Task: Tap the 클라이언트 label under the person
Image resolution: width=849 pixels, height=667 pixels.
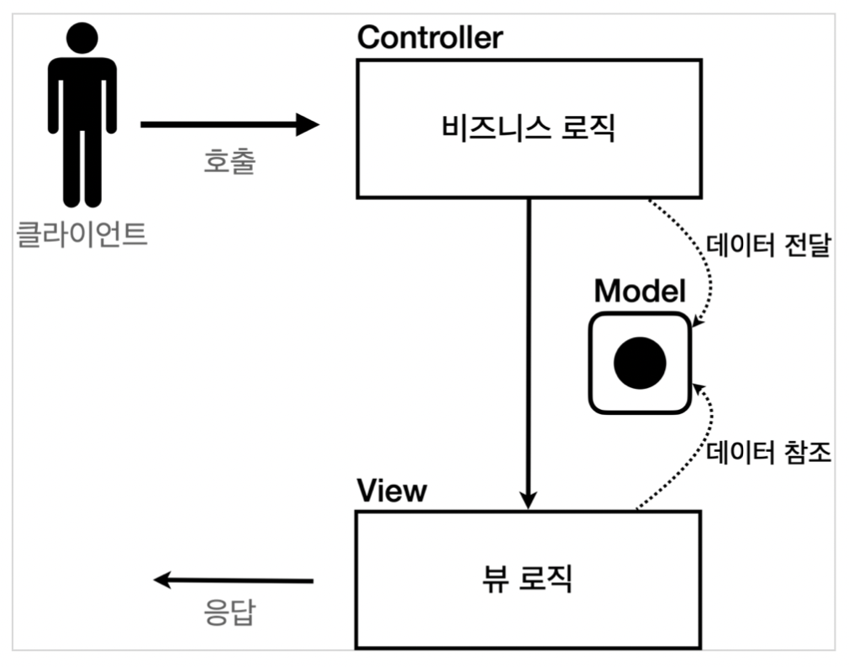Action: [82, 233]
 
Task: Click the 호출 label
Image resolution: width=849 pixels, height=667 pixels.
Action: [229, 162]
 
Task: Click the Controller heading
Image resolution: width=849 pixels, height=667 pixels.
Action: [430, 38]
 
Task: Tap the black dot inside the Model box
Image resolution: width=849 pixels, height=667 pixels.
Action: [640, 363]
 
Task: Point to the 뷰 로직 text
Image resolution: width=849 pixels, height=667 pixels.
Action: [528, 579]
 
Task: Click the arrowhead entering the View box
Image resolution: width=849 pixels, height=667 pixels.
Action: [528, 499]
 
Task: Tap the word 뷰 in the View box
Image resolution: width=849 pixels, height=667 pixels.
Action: [498, 579]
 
